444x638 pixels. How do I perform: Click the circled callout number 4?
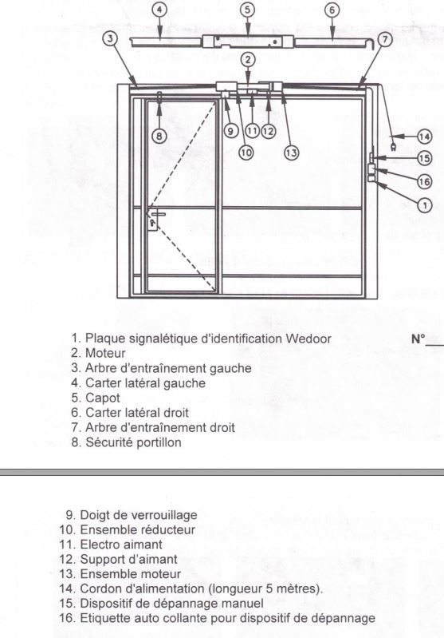coord(160,10)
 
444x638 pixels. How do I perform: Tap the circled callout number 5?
coord(247,10)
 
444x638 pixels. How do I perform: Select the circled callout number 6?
coord(332,10)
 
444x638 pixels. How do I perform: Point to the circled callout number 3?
coord(110,38)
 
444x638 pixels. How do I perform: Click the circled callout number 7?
coord(384,39)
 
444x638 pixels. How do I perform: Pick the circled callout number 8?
coord(159,136)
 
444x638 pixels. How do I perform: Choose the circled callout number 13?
coord(291,153)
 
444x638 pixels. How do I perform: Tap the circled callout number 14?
coord(425,137)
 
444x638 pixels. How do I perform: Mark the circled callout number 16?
coord(425,181)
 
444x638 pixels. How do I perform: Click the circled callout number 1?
coord(425,205)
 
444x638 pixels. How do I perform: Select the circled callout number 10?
coord(246,153)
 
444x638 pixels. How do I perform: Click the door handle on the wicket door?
coord(157,214)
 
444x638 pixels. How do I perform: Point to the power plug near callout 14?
coord(393,147)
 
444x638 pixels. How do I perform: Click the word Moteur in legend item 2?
coord(105,353)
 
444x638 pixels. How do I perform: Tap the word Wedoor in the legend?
coord(308,339)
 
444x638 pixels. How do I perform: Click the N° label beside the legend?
coord(418,339)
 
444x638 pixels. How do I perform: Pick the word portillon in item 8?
coord(158,442)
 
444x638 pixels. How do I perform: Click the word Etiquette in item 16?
coord(105,618)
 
